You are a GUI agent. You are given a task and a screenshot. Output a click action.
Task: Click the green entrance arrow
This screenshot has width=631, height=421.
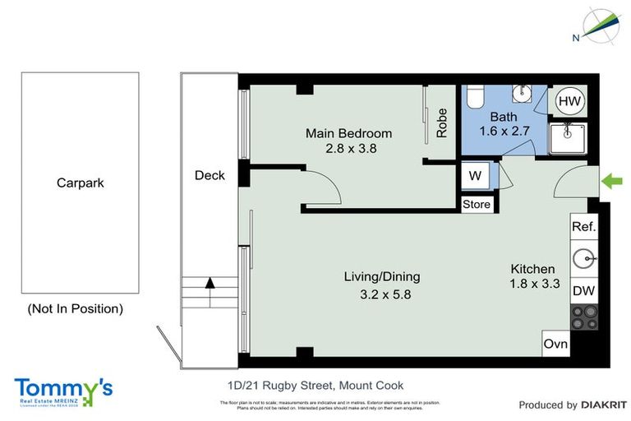(612, 180)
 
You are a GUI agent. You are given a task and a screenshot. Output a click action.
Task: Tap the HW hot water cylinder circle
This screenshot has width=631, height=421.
(569, 101)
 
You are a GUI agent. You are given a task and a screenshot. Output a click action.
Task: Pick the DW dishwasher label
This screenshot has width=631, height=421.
(583, 291)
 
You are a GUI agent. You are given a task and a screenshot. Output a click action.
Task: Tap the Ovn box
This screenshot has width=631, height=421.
(555, 344)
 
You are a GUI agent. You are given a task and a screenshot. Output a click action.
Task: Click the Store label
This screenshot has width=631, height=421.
(476, 205)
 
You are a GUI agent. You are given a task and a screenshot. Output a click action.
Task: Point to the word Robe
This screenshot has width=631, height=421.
(442, 123)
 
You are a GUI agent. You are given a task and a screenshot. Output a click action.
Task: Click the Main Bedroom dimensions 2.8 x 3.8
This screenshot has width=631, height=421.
(348, 149)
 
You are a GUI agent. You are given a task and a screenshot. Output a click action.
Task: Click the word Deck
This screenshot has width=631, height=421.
(210, 175)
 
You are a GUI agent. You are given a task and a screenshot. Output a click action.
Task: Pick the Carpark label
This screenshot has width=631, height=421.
(80, 183)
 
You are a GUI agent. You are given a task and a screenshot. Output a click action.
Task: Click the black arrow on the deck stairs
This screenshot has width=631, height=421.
(210, 282)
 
